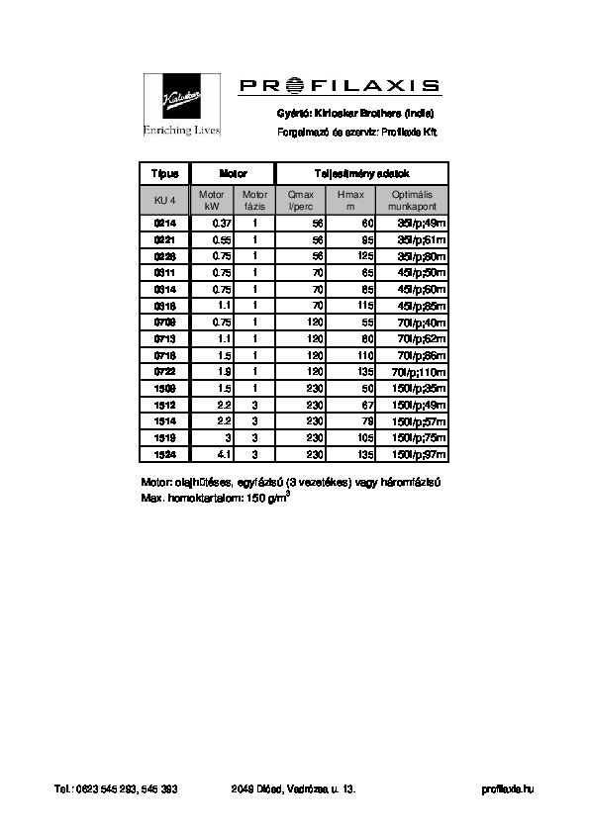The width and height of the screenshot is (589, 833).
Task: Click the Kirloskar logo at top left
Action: [x=181, y=103]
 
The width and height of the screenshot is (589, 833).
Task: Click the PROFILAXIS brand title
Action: [x=340, y=87]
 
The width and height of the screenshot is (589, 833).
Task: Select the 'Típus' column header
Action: [x=164, y=172]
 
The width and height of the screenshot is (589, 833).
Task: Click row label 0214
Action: [x=164, y=224]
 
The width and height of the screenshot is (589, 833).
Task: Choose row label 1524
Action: [x=164, y=453]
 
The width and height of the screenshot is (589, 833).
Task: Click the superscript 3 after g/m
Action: [x=287, y=493]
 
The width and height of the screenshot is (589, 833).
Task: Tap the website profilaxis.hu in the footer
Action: [x=507, y=788]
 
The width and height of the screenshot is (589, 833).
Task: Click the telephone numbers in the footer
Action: [x=116, y=788]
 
